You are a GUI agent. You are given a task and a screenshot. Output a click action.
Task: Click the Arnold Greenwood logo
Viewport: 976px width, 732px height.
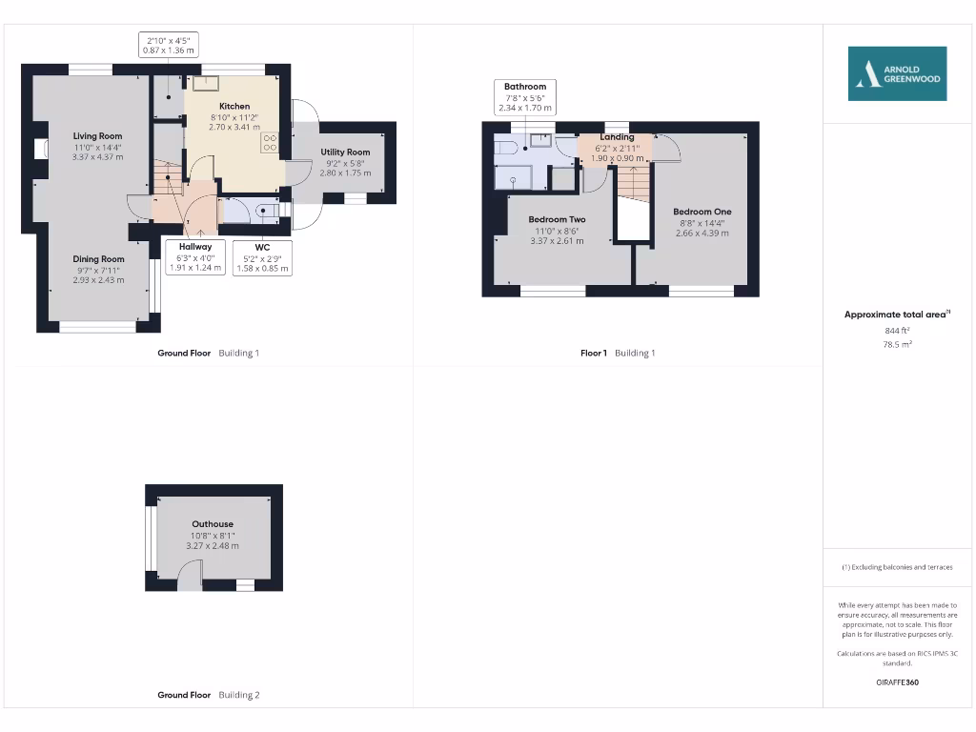point(898,73)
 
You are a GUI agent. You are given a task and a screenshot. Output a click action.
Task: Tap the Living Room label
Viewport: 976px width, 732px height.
point(98,136)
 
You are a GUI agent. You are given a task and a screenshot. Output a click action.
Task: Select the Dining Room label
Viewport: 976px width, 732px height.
point(99,259)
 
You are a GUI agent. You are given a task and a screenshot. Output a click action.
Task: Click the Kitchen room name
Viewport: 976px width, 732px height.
point(234,107)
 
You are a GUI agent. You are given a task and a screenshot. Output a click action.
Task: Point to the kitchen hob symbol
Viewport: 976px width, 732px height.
point(270,143)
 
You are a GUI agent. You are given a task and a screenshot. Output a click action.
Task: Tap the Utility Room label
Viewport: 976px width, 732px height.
point(345,152)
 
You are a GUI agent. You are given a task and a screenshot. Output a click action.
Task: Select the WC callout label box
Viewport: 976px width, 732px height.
point(262,257)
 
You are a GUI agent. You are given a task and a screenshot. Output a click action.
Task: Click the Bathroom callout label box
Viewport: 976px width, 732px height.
point(525,97)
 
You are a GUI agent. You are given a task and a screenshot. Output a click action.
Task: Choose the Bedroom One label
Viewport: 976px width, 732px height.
point(702,212)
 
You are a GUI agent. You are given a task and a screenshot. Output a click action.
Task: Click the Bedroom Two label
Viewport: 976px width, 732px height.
point(558,219)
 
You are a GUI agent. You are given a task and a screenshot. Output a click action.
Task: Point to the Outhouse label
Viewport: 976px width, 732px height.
point(213,524)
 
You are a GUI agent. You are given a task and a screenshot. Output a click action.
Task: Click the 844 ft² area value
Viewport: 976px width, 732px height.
point(897,330)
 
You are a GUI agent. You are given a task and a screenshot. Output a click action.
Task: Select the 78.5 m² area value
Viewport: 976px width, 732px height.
point(897,344)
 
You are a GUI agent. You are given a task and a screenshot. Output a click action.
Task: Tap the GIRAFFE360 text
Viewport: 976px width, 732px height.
point(897,682)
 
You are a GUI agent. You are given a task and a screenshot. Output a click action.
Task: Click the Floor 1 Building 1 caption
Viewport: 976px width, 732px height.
point(618,353)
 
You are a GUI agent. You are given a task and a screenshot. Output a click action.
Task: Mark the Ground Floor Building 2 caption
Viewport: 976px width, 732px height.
point(208,695)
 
